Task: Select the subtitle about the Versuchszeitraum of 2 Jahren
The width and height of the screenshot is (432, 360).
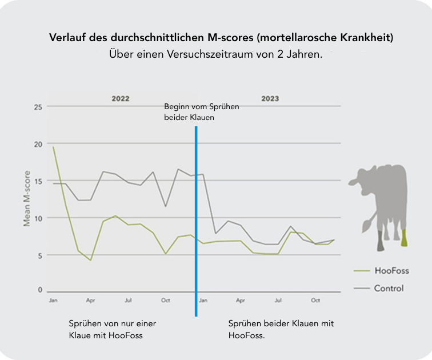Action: coord(216,55)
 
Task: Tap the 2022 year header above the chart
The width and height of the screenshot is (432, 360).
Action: coord(120,98)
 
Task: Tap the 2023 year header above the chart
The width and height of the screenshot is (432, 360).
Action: coord(270,98)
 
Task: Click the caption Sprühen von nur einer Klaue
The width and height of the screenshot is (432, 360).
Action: coord(112,329)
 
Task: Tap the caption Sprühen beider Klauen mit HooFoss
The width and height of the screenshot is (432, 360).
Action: coord(281,329)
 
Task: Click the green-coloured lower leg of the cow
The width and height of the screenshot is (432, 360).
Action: coord(404,238)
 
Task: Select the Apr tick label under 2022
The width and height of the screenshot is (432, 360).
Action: coord(90,300)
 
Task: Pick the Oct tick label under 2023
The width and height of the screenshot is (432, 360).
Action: coord(315,300)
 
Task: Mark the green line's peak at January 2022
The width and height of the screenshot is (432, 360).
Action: coord(53,147)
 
